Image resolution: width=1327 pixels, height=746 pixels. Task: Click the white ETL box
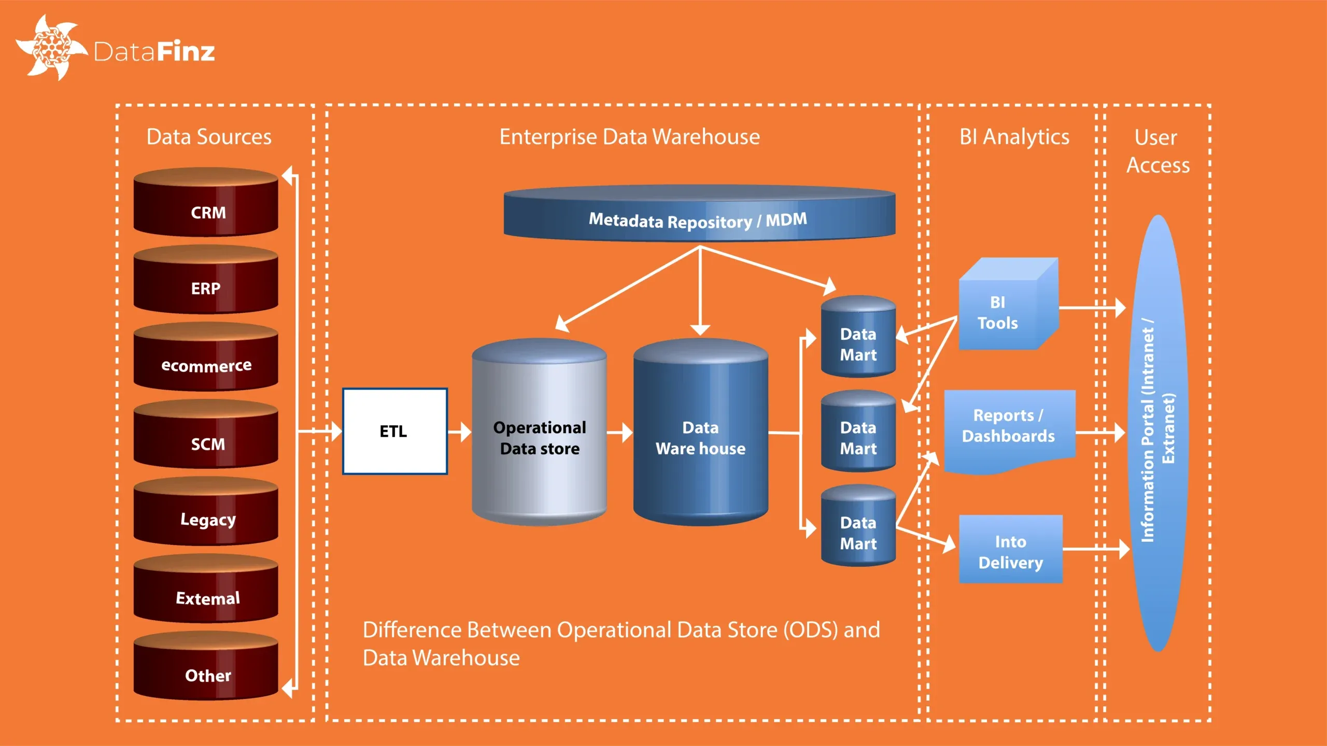tap(394, 431)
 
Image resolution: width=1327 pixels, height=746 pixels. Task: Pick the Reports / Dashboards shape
tap(1009, 427)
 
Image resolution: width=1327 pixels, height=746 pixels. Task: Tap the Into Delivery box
tap(1010, 550)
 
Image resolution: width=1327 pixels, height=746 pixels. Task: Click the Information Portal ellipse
tap(1158, 433)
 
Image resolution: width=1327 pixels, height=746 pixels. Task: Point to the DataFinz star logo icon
tap(51, 48)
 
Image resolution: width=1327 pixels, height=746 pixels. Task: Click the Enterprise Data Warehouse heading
tap(629, 137)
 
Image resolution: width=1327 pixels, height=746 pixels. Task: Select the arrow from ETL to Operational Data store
tap(460, 432)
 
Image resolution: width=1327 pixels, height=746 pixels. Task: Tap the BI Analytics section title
tap(1014, 137)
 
